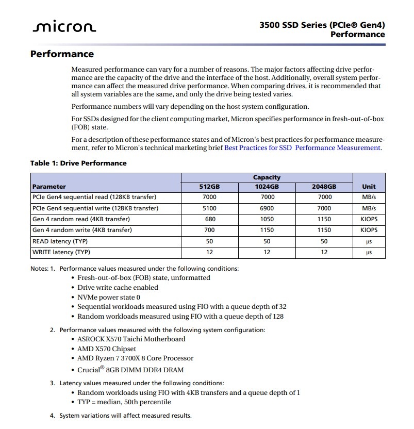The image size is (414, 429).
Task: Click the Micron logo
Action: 64,27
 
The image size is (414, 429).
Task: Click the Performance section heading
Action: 62,54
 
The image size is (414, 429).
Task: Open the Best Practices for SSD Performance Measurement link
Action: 303,148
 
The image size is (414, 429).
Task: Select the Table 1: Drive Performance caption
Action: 78,163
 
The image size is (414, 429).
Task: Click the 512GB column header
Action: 209,187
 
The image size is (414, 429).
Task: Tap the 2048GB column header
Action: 324,187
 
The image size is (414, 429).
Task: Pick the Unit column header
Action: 369,187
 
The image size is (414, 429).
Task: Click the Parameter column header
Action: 49,187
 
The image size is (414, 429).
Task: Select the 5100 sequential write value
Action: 209,208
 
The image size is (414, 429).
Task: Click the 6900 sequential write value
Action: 267,208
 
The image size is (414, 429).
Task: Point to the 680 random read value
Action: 209,219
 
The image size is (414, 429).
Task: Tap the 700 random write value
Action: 209,230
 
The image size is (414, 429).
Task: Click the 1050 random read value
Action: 267,219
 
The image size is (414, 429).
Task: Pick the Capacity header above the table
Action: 267,177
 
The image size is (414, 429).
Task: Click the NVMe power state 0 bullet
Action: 109,298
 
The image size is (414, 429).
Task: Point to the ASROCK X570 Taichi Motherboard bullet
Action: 131,339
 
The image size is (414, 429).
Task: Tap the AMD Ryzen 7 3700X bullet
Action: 135,358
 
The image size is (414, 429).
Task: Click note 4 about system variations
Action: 125,416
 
